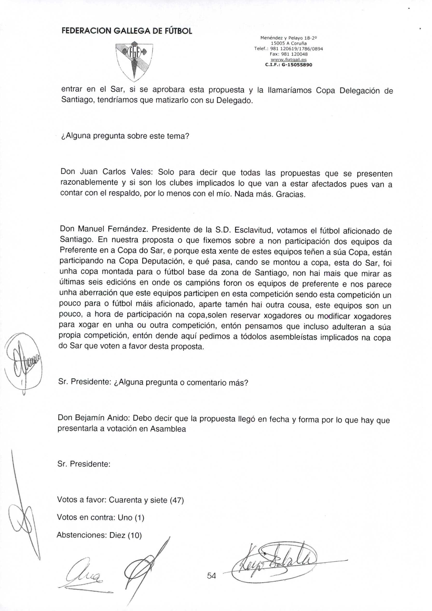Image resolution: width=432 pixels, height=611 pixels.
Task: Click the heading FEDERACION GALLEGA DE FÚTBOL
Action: [x=127, y=31]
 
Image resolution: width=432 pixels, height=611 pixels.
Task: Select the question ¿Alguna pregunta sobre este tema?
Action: [x=125, y=136]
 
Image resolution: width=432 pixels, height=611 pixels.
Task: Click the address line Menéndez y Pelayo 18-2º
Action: [x=288, y=38]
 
